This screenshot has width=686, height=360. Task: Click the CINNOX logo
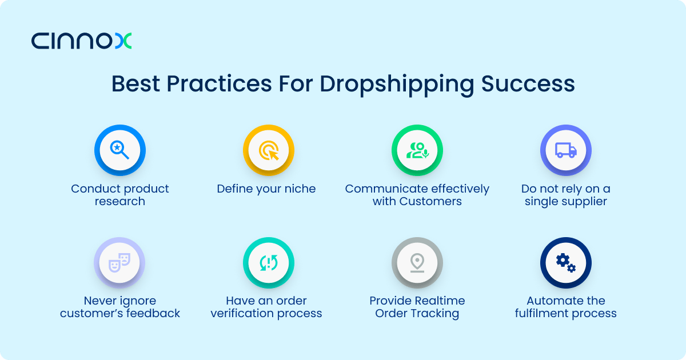81,41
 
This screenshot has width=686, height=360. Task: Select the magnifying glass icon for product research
119,150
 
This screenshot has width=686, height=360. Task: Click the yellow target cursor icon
269,150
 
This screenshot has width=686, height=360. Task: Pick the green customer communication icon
417,150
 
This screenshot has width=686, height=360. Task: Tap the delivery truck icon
566,150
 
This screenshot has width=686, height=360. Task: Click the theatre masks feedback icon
119,263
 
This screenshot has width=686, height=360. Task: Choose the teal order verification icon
269,263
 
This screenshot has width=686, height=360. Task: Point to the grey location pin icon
417,263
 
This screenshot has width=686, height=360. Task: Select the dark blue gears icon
566,263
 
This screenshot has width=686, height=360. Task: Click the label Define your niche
266,189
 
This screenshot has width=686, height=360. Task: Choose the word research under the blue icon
120,201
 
